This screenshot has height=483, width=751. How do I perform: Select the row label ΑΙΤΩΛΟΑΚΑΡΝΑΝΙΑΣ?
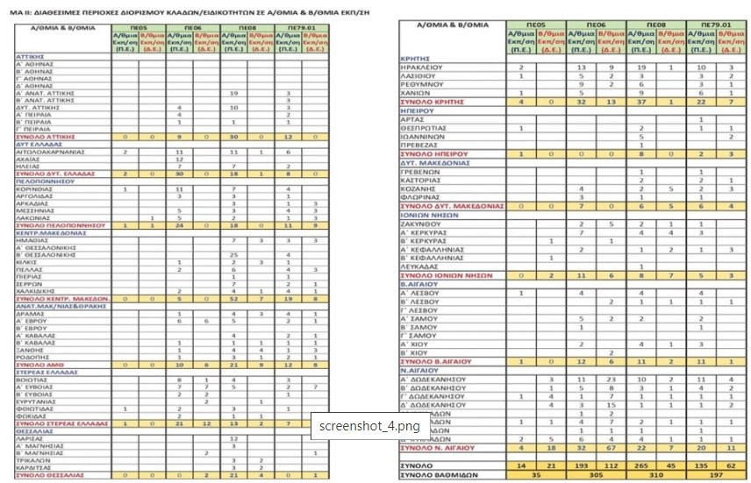coord(44,152)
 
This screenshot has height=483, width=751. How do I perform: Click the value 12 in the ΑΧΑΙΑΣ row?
coord(179,159)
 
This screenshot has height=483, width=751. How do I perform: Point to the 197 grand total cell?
coord(717,473)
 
